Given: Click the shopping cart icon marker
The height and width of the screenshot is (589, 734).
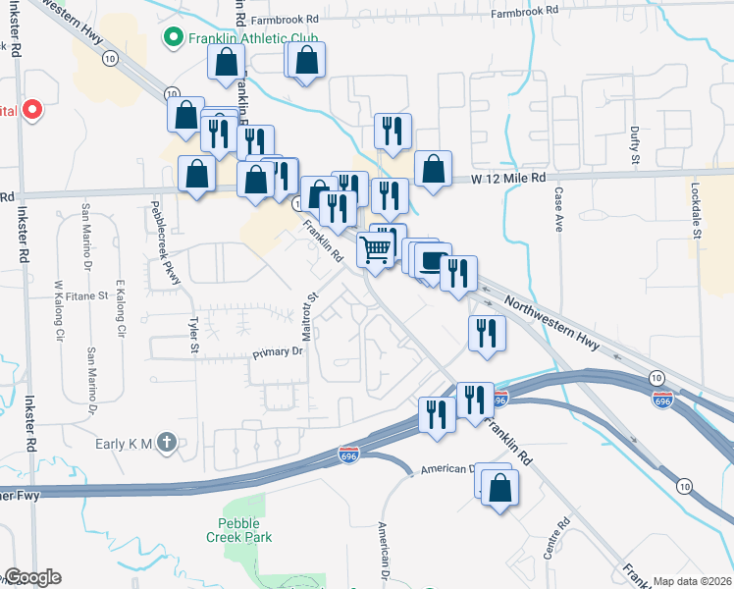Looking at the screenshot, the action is click(377, 250).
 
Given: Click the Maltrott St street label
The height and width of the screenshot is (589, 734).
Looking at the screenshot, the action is click(308, 321).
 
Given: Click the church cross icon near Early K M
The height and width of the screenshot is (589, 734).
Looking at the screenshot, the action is click(168, 443).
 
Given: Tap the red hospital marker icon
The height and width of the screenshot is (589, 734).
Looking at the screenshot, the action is click(31, 109).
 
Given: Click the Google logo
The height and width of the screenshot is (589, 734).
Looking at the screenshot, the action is click(31, 577).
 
